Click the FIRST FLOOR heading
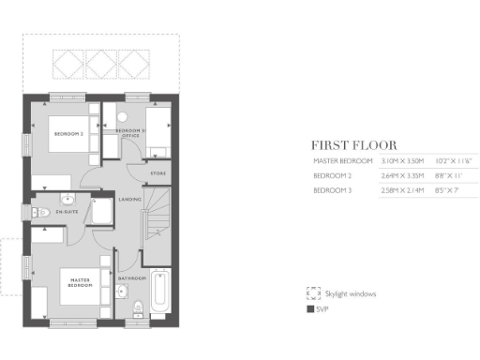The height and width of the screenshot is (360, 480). click(x=354, y=145)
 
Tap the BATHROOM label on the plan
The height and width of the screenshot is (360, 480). click(x=131, y=278)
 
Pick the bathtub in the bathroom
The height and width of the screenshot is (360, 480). click(x=159, y=292)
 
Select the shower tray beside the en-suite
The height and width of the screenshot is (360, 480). click(x=98, y=214)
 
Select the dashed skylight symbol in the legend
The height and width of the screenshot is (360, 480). click(x=312, y=293)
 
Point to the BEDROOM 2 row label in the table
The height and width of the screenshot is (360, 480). click(x=333, y=175)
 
